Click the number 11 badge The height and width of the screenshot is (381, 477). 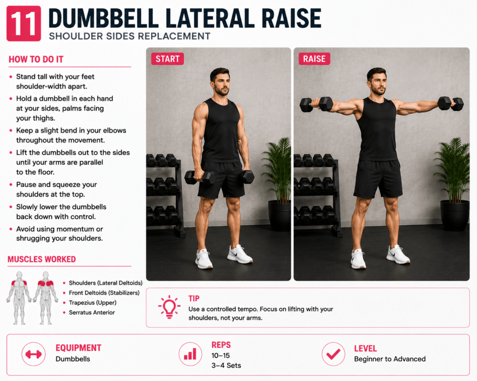click(24, 23)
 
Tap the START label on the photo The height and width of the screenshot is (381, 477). click(168, 59)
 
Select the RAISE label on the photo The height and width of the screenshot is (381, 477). click(314, 59)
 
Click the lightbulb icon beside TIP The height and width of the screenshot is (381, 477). click(169, 307)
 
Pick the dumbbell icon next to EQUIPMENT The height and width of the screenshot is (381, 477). click(34, 354)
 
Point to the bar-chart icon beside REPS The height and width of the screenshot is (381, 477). click(191, 354)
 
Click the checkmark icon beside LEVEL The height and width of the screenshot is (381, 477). click(334, 354)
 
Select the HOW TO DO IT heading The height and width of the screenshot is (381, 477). click(36, 59)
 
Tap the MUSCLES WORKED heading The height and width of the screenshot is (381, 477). click(41, 259)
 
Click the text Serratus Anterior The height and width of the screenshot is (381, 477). click(92, 312)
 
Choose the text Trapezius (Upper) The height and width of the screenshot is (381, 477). click(93, 302)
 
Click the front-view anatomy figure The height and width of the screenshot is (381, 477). click(19, 298)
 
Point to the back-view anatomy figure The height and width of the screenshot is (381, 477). click(46, 298)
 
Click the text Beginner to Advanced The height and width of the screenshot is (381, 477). click(390, 359)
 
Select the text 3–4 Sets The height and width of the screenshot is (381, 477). click(226, 366)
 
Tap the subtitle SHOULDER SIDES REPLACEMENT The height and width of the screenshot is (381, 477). click(129, 36)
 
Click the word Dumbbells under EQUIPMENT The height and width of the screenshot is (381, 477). click(73, 359)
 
